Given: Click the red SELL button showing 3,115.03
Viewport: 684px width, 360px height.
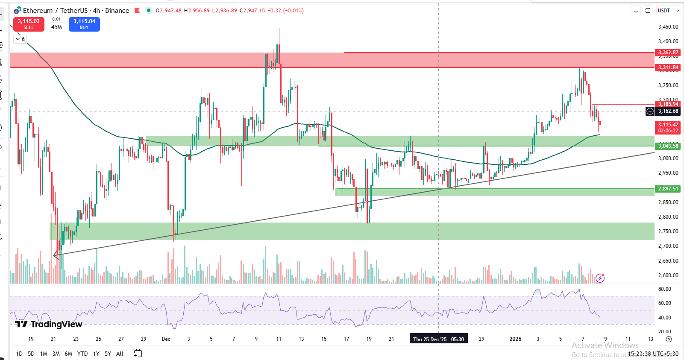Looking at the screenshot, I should click(29, 24).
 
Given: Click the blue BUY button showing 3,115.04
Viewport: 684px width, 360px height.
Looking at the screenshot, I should click(84, 24).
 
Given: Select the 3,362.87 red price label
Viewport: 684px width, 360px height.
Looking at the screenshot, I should click(668, 53).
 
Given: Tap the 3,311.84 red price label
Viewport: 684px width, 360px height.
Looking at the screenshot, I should click(668, 67).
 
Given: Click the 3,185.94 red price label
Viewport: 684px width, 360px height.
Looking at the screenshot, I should click(668, 104).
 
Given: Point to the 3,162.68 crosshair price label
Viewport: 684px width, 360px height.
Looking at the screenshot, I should click(668, 111).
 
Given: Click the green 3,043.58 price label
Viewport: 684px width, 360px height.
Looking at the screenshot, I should click(668, 146).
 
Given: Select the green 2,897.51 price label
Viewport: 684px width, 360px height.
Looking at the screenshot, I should click(668, 189).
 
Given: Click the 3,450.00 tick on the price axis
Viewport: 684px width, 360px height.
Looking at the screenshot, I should click(668, 27).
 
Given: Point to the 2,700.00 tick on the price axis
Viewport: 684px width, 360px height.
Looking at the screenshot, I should click(668, 246).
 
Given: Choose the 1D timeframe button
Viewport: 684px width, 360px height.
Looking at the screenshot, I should click(19, 354).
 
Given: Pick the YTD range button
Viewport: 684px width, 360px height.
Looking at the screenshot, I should click(82, 354).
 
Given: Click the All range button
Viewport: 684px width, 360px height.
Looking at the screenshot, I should click(120, 354).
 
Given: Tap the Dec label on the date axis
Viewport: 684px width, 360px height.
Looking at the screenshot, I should click(166, 339).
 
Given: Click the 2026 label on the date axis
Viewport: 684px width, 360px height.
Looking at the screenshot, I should click(515, 339).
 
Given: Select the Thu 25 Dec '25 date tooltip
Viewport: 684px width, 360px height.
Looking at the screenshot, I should click(438, 340).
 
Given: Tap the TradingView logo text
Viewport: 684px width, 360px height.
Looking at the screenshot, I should click(49, 324).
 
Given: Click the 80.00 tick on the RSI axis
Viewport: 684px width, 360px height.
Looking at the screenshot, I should click(664, 289).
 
